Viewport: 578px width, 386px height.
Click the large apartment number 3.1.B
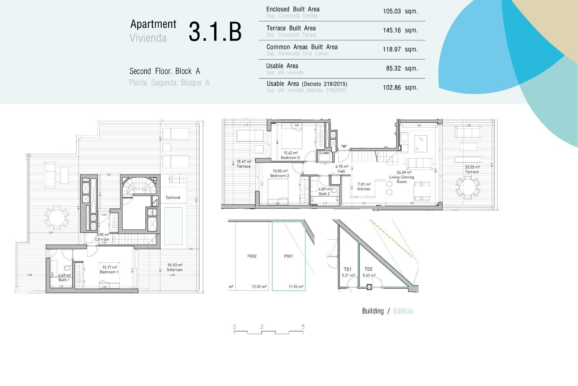(x=215, y=31)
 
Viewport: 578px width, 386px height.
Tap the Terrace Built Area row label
(x=291, y=28)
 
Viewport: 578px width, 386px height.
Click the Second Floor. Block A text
(x=164, y=71)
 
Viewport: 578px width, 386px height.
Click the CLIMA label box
(x=324, y=153)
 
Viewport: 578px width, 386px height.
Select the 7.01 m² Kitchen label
(x=364, y=187)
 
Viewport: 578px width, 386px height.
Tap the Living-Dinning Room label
(x=402, y=179)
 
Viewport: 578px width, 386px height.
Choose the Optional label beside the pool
(x=173, y=198)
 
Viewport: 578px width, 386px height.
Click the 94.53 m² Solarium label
(x=175, y=267)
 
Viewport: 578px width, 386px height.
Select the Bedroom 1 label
(x=109, y=270)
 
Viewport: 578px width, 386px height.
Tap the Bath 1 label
(x=64, y=278)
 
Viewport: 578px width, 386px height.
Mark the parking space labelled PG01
(x=288, y=256)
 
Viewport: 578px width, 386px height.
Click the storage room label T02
(x=368, y=269)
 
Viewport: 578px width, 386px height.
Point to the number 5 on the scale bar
(x=303, y=327)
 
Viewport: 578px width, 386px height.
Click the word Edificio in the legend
(x=403, y=311)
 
